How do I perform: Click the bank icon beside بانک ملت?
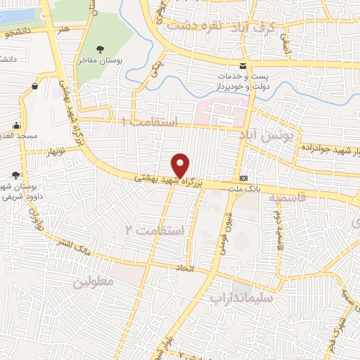pos(243,178)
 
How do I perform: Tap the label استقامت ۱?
pos(151,122)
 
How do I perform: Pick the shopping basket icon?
pos(34,86)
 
